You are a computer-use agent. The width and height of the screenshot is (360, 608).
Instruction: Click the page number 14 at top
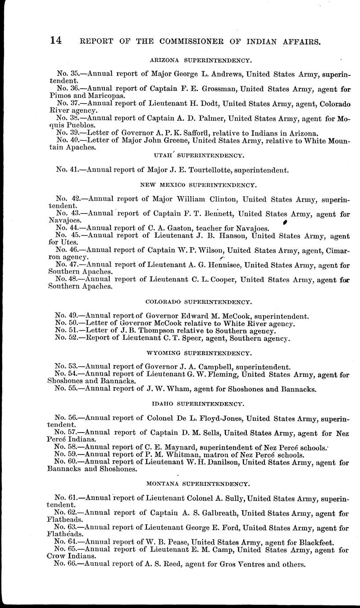point(56,41)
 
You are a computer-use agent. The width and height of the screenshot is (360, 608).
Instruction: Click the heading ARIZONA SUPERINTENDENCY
point(200,59)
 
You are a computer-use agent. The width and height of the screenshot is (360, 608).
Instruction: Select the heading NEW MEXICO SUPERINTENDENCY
point(198,186)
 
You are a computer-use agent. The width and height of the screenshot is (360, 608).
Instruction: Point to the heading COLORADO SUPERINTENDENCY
point(198,302)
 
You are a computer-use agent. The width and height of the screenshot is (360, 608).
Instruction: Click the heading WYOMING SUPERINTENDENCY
point(199,353)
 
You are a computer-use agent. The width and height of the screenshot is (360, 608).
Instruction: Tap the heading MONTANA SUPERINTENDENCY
point(199,484)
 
